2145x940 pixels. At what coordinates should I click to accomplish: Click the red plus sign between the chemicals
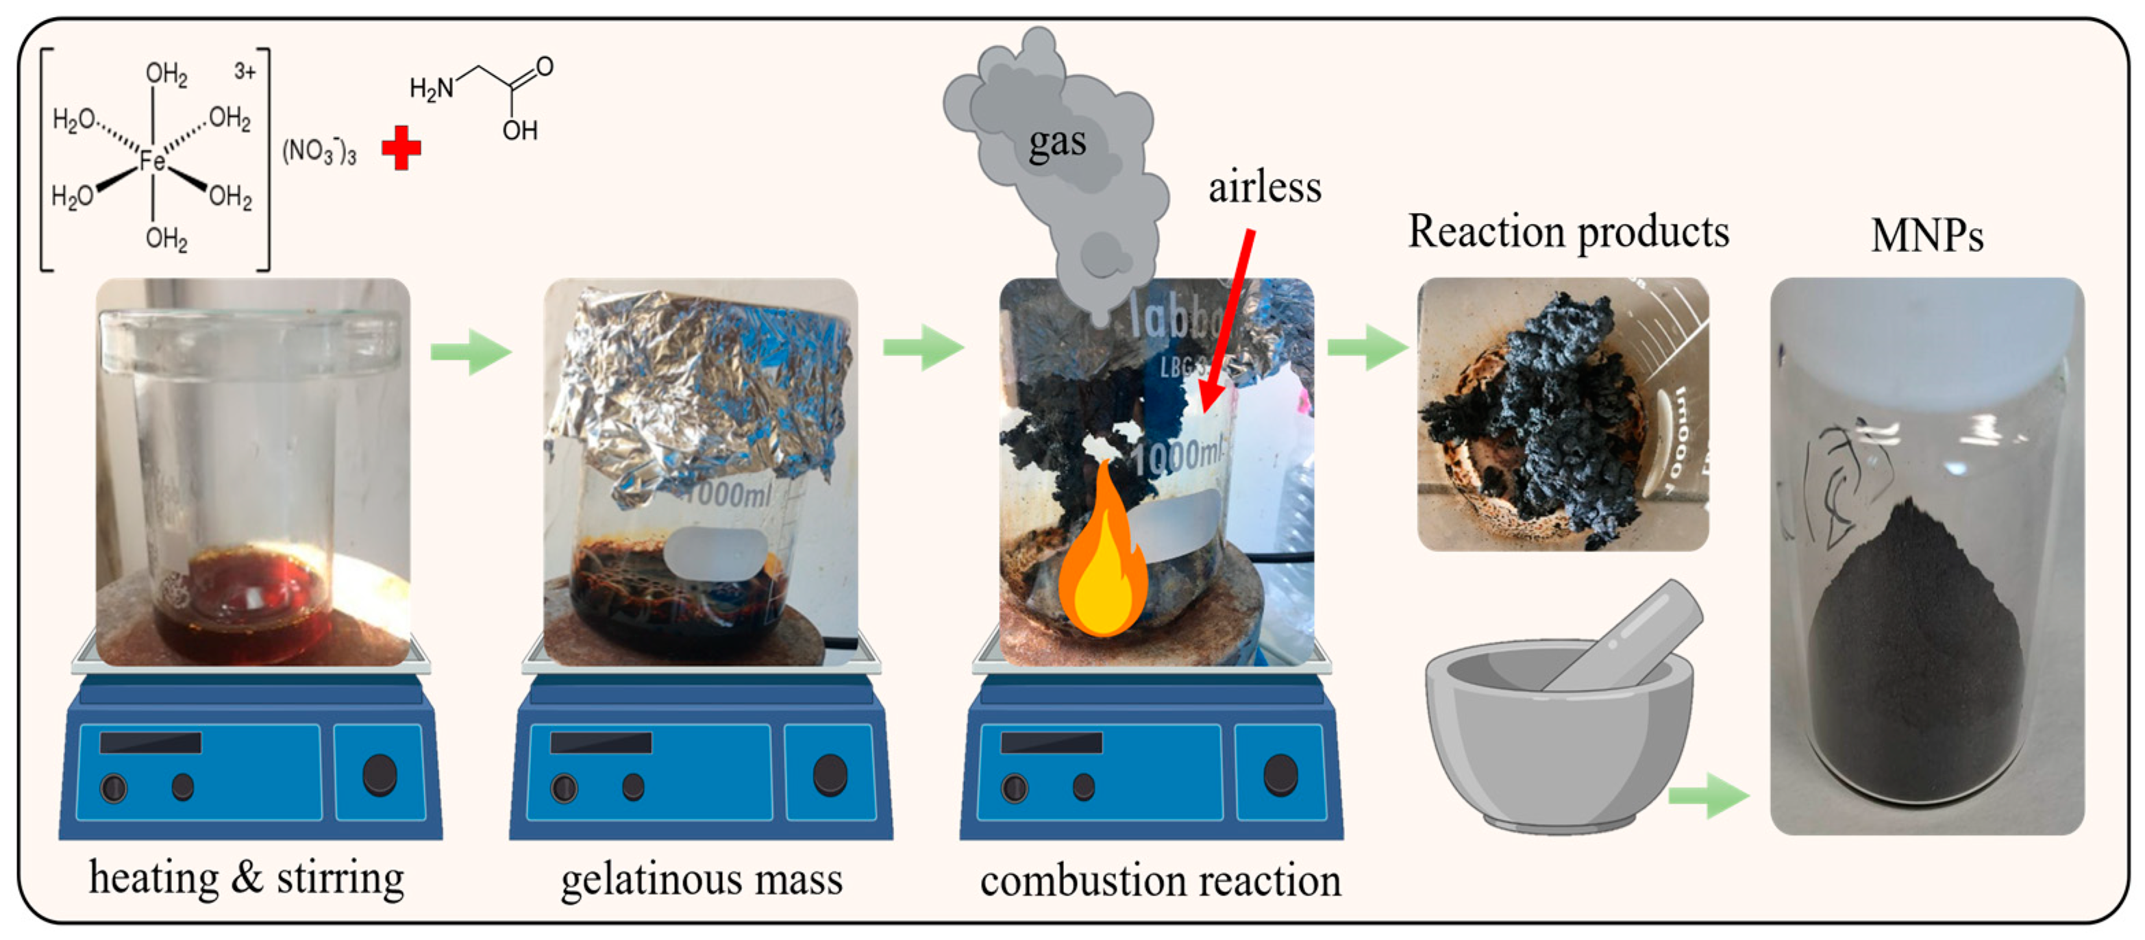coord(401,148)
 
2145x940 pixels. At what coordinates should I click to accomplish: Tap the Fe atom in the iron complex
coord(152,159)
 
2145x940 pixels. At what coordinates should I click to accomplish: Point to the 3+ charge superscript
coord(244,72)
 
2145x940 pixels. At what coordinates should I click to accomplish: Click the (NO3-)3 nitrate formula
coord(319,151)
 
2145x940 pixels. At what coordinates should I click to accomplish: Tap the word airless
coord(1264,187)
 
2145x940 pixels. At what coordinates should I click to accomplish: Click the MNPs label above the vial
coord(1926,236)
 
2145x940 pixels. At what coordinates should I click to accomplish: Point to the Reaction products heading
coord(1568,232)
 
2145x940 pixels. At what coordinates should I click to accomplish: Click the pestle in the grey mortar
coord(1624,637)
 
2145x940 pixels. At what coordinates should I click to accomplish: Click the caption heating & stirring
coord(247,878)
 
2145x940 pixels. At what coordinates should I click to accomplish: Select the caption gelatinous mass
coord(701,879)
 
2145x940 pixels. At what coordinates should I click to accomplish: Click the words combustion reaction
coord(1160,881)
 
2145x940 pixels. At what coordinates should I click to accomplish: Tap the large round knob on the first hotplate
coord(380,774)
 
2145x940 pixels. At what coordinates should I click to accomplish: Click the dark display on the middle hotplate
coord(600,742)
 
